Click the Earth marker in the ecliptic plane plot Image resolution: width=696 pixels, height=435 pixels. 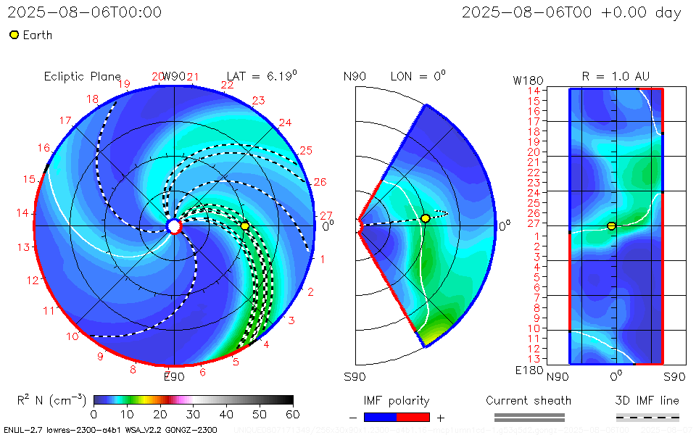[x=245, y=226]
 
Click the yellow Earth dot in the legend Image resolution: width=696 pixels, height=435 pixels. [x=14, y=35]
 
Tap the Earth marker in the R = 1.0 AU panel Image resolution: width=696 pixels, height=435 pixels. [x=611, y=226]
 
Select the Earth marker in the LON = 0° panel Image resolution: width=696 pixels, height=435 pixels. [x=426, y=218]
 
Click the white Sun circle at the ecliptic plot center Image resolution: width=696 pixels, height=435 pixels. [x=174, y=226]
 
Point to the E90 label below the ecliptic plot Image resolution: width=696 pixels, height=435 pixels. [x=174, y=376]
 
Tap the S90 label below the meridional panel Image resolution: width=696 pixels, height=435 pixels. [x=355, y=376]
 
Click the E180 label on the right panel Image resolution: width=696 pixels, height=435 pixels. [x=527, y=370]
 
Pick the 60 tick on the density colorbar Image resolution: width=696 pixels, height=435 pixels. [x=293, y=414]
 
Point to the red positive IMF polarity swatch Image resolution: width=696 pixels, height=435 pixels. [x=413, y=417]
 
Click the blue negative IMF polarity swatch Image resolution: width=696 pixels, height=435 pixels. [x=380, y=417]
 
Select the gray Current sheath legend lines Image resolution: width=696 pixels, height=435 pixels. [x=529, y=417]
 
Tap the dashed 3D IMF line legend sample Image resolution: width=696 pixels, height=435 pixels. [x=647, y=417]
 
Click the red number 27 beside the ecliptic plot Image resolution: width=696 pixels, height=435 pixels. [x=326, y=215]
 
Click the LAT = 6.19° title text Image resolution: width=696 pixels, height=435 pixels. [x=262, y=75]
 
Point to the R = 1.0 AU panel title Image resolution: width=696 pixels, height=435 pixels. [x=616, y=76]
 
